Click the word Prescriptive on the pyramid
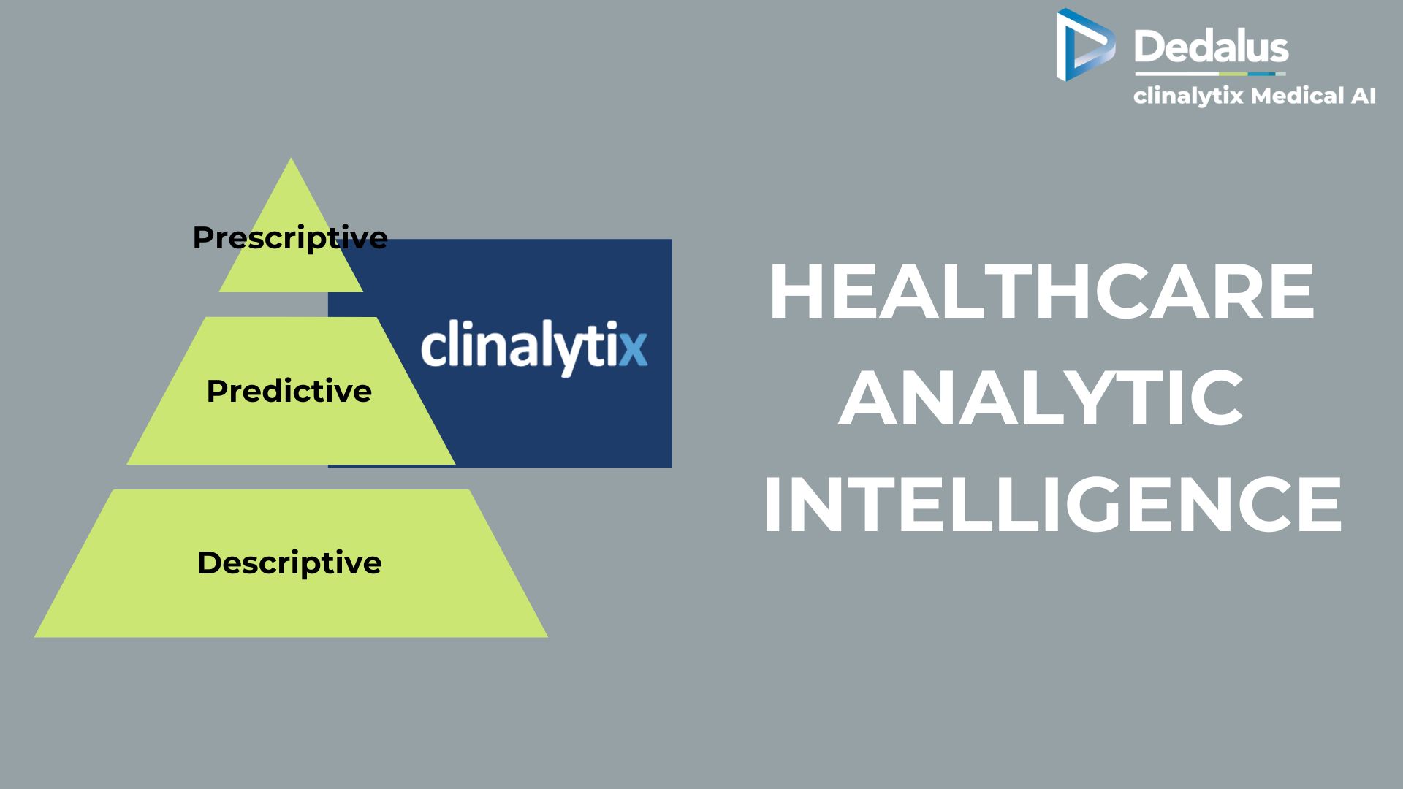pyautogui.click(x=290, y=238)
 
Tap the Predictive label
pyautogui.click(x=289, y=391)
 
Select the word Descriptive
pyautogui.click(x=289, y=563)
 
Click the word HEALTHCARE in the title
pyautogui.click(x=1042, y=291)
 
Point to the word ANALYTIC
pyautogui.click(x=1041, y=398)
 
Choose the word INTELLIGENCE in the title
pyautogui.click(x=1052, y=504)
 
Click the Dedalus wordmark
pyautogui.click(x=1211, y=46)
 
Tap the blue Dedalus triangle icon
pyautogui.click(x=1085, y=44)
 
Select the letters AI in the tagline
pyautogui.click(x=1363, y=96)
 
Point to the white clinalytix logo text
pyautogui.click(x=534, y=347)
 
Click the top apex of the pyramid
pyautogui.click(x=292, y=158)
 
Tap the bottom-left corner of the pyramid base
pyautogui.click(x=34, y=637)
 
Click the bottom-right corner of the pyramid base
pyautogui.click(x=547, y=637)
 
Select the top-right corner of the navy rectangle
pyautogui.click(x=672, y=240)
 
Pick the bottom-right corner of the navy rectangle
pyautogui.click(x=672, y=467)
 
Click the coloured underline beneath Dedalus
pyautogui.click(x=1210, y=74)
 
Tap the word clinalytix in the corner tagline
pyautogui.click(x=1188, y=96)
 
